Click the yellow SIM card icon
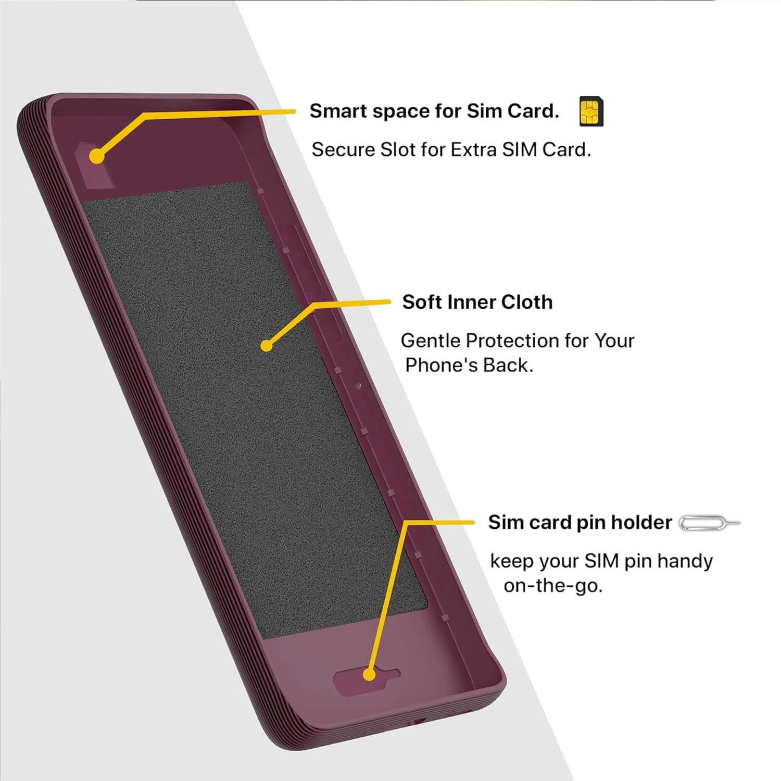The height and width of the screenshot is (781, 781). tap(591, 112)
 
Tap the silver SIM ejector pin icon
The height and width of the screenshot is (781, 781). tap(709, 522)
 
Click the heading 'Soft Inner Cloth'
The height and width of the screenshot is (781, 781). tap(477, 302)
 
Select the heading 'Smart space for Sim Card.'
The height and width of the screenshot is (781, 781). tap(434, 111)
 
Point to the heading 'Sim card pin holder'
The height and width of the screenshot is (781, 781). tap(580, 522)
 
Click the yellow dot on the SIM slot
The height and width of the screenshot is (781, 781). tap(96, 156)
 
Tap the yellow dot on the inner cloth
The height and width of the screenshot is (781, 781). tap(267, 345)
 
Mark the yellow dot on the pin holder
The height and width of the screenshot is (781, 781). tap(369, 675)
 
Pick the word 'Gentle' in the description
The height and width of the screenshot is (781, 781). tap(430, 341)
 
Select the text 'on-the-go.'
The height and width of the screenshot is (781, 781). tap(552, 586)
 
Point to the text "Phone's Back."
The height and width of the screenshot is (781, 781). tap(469, 366)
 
